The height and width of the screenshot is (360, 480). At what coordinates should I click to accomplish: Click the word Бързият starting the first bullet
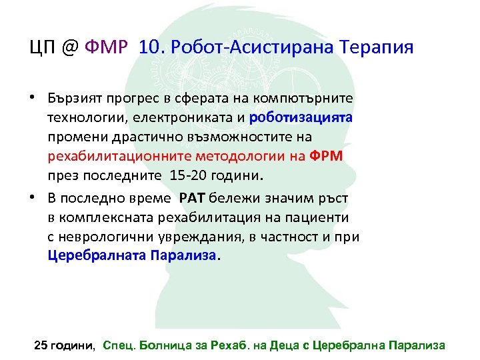pyautogui.click(x=73, y=98)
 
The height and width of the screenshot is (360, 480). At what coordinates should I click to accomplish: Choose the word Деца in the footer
pyautogui.click(x=287, y=345)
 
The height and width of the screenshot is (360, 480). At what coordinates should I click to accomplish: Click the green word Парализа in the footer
pyautogui.click(x=416, y=345)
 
